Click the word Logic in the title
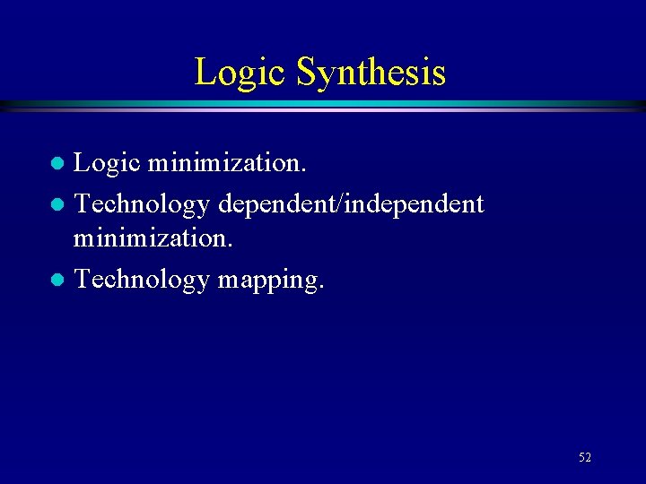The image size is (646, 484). tap(240, 73)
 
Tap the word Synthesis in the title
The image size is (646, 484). tap(371, 73)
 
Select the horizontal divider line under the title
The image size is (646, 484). tap(323, 105)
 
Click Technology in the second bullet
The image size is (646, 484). tap(141, 205)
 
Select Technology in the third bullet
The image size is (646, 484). tap(141, 281)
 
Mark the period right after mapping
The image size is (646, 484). tap(320, 288)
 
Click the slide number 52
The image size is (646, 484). tap(585, 457)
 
